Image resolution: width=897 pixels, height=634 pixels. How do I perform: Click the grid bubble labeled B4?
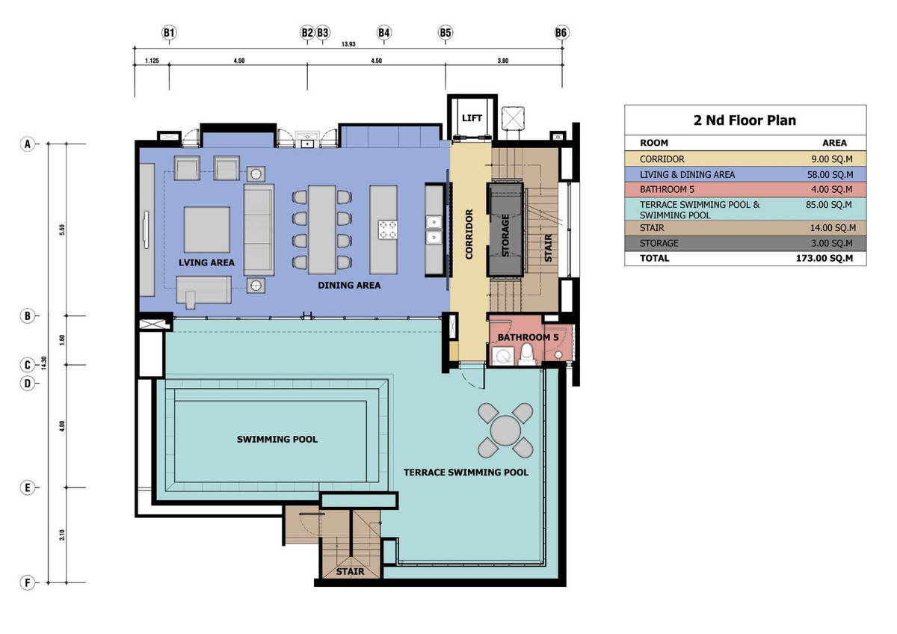(383, 33)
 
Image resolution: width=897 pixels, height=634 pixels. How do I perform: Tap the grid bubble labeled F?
(27, 582)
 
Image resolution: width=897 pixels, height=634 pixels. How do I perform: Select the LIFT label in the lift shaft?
(472, 118)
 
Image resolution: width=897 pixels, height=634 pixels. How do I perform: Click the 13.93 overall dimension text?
(348, 44)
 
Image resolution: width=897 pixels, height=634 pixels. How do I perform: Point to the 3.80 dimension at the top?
(503, 61)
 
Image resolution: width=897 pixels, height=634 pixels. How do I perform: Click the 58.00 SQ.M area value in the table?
(830, 175)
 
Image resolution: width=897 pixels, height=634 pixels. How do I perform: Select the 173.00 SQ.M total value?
(824, 259)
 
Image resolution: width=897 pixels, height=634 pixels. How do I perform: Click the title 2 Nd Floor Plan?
(745, 120)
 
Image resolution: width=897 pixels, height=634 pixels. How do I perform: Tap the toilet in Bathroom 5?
(527, 354)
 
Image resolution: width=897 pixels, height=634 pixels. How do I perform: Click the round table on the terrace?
(505, 431)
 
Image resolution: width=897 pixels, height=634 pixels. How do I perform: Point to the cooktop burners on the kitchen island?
(388, 230)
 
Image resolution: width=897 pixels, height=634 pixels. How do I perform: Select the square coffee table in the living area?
(206, 230)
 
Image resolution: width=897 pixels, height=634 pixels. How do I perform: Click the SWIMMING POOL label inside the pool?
(277, 440)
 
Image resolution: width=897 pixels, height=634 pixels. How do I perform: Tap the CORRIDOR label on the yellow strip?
(469, 234)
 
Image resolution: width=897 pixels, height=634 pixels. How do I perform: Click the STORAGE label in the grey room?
(505, 235)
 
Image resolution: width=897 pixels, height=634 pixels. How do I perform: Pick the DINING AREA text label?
(349, 285)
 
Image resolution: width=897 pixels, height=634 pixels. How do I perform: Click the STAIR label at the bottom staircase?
(350, 571)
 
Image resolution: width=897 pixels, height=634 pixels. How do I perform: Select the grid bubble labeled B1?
(169, 33)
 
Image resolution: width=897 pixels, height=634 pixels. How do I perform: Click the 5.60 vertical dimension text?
(62, 230)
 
